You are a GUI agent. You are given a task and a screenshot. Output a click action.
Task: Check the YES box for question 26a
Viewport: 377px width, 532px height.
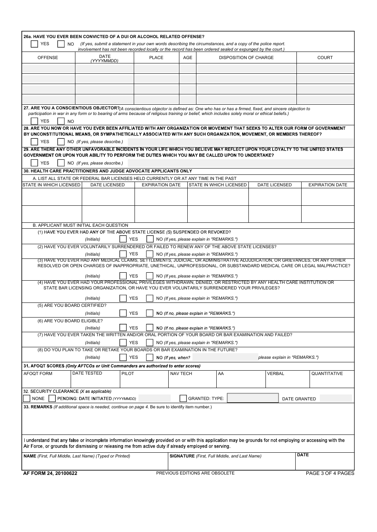tap(35, 44)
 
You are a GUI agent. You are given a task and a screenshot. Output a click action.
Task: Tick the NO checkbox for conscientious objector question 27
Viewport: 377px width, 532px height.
tap(61, 121)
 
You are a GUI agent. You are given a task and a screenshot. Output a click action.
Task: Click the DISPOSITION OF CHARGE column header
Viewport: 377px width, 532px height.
tap(246, 57)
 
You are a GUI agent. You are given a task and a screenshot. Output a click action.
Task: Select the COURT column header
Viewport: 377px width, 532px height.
tap(325, 57)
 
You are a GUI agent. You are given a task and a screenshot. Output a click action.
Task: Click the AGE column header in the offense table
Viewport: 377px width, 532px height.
tap(188, 57)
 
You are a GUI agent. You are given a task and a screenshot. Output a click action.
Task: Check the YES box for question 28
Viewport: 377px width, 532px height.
tap(35, 142)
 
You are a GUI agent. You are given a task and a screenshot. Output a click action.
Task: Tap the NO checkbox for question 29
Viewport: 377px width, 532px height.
tap(61, 163)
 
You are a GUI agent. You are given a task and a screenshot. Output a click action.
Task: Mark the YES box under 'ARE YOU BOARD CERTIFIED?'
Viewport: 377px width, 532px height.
tap(123, 313)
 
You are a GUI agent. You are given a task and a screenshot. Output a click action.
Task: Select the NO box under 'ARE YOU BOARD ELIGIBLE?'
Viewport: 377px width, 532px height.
tap(150, 328)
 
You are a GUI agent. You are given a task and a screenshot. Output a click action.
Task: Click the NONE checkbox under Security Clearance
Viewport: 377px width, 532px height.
tap(27, 398)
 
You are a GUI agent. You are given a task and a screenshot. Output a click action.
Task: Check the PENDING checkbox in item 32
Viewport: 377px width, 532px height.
tap(52, 398)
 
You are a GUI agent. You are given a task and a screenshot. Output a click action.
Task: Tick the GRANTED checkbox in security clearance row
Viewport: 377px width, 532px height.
tap(183, 398)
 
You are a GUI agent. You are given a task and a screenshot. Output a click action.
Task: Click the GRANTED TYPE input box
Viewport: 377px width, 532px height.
tap(253, 398)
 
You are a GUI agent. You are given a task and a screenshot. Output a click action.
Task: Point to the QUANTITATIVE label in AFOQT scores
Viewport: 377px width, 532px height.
tap(327, 373)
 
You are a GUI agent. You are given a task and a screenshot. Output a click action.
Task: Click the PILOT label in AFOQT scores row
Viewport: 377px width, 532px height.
tap(128, 373)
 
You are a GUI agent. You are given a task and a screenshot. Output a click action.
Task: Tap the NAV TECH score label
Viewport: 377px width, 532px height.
tap(181, 373)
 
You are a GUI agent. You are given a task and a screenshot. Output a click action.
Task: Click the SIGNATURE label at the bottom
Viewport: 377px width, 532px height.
tap(182, 456)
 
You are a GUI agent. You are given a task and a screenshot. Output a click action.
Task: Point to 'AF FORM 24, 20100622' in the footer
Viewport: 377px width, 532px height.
tap(50, 473)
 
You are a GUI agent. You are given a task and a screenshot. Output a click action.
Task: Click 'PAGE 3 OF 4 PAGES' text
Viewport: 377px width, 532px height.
tap(330, 473)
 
